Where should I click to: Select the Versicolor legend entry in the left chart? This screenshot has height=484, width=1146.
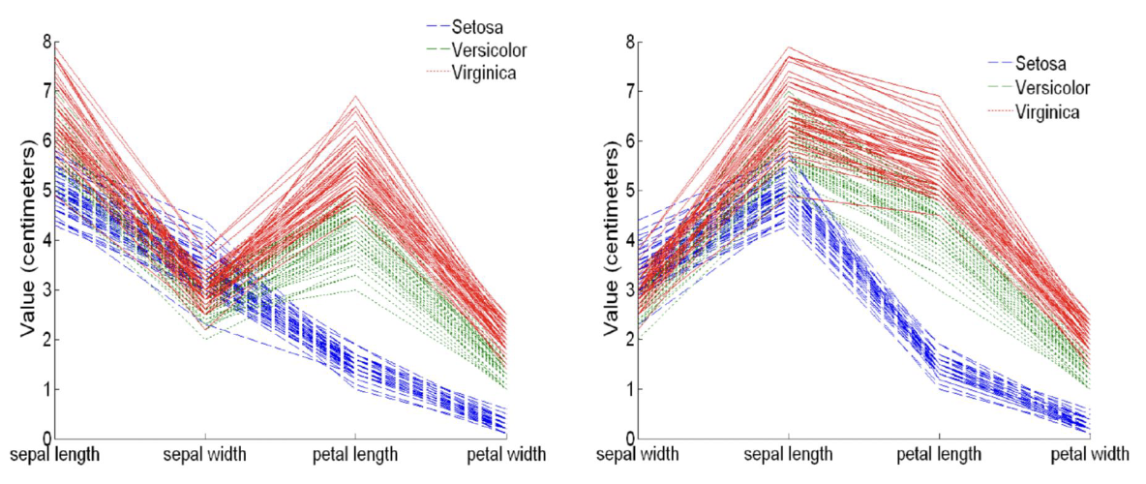[485, 49]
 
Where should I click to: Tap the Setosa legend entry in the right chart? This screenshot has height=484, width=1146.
[1041, 64]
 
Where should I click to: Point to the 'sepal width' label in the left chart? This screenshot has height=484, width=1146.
[205, 454]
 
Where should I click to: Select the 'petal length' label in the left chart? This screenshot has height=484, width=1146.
[353, 454]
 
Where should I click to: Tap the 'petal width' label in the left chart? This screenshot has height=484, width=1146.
[506, 454]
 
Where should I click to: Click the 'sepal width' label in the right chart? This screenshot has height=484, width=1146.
[638, 454]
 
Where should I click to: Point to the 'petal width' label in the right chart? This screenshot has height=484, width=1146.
[1090, 454]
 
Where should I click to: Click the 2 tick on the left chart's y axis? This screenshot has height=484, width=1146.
[45, 340]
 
